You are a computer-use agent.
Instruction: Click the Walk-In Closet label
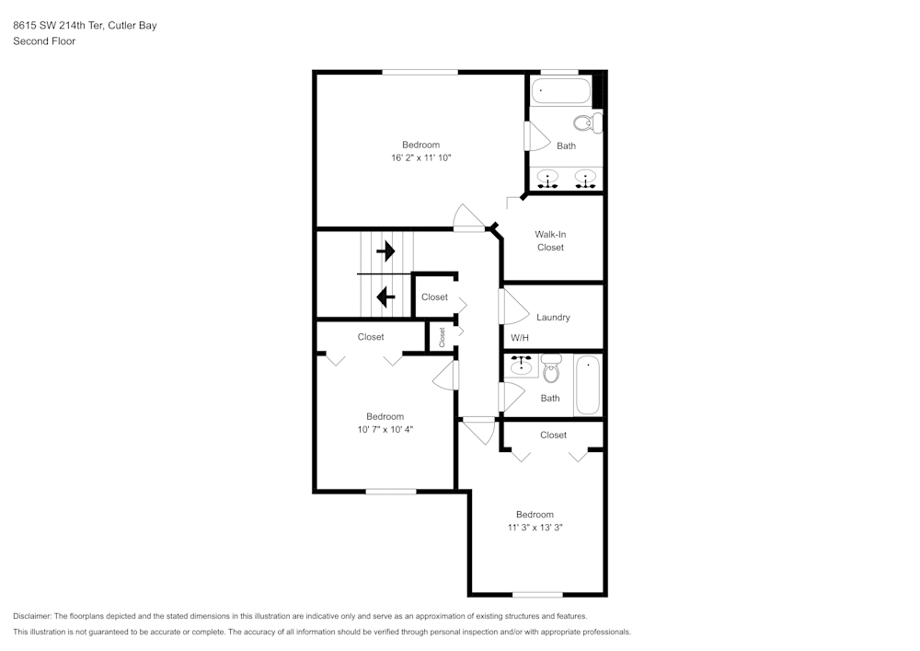pos(550,240)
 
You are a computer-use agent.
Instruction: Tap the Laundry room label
pos(553,317)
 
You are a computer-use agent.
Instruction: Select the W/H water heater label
pos(520,338)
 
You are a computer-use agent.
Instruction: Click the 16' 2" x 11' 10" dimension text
pos(421,157)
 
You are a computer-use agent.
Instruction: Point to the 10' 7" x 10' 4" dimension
pos(385,429)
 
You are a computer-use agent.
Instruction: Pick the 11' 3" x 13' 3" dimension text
pos(535,527)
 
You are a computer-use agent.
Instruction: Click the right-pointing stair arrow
pos(385,251)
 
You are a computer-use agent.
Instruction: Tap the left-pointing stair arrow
pos(385,297)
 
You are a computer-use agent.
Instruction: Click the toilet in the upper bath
pos(588,123)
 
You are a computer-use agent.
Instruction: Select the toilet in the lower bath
pos(551,368)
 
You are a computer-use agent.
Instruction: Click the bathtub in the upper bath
pos(561,91)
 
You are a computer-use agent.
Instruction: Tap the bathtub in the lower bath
pos(588,385)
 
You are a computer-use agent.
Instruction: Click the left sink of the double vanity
pos(548,179)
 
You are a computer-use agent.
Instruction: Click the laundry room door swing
pos(514,307)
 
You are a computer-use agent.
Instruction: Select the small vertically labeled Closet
pos(442,337)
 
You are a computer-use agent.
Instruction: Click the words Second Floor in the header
pos(44,41)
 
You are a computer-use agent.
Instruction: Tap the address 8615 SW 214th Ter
pos(58,25)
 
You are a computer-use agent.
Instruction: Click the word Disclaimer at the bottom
pos(32,616)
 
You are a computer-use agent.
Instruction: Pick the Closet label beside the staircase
pos(434,297)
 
